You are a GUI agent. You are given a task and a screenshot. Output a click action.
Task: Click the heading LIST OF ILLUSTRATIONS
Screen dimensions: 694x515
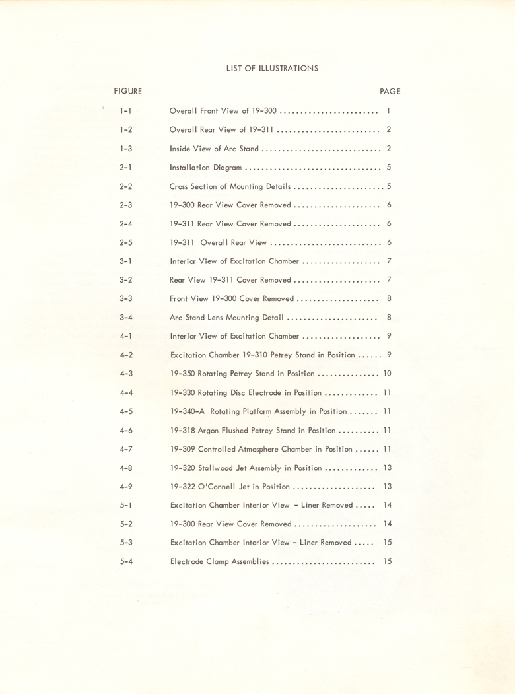[272, 67]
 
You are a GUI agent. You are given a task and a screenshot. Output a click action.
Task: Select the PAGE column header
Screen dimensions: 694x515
[390, 91]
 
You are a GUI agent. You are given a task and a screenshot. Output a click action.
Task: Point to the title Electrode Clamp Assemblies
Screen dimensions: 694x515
[219, 562]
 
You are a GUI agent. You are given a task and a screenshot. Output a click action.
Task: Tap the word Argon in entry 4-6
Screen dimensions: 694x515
[209, 431]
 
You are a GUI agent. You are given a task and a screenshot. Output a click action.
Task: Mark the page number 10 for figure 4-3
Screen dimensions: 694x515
[388, 374]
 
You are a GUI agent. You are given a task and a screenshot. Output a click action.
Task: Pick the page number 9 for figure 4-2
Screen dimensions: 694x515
[390, 355]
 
